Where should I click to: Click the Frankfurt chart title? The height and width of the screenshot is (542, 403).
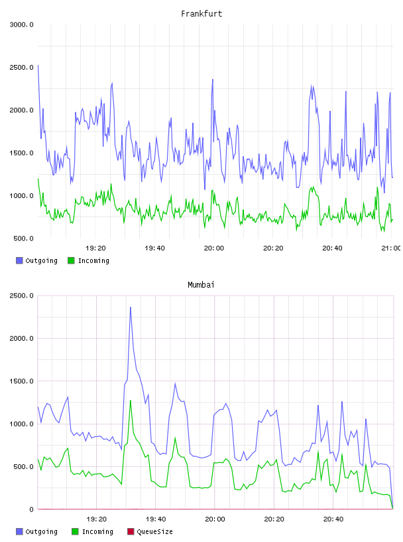(201, 14)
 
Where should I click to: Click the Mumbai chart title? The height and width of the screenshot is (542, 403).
(201, 285)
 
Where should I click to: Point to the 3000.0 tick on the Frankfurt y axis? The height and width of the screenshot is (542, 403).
(21, 25)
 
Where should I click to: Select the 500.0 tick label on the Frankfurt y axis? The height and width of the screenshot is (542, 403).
(23, 238)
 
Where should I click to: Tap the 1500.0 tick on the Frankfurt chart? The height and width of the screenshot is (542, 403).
(21, 153)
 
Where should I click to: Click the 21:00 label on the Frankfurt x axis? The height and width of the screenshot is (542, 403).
(391, 248)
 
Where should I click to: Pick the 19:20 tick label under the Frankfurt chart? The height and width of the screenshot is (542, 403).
(95, 248)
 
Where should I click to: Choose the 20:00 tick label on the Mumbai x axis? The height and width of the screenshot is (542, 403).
(215, 519)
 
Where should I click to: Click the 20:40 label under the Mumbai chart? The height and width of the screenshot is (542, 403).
(333, 519)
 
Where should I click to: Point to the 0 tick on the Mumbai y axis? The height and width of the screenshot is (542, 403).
(31, 509)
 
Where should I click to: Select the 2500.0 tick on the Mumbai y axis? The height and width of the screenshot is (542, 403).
(21, 296)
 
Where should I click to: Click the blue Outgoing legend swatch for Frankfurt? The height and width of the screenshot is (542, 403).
(19, 260)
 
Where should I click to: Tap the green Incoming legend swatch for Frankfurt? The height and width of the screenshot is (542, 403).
(71, 260)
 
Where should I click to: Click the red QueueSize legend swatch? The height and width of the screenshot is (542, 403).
(131, 531)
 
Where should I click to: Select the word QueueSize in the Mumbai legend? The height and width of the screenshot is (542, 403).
(154, 531)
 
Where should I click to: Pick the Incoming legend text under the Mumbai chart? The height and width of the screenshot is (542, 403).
(97, 531)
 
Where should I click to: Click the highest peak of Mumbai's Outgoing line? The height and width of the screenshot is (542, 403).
(131, 307)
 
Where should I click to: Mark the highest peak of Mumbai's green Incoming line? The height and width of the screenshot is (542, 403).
(131, 401)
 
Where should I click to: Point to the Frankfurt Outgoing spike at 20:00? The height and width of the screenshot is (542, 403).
(213, 80)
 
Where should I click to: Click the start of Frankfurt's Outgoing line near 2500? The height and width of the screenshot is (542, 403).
(38, 65)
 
